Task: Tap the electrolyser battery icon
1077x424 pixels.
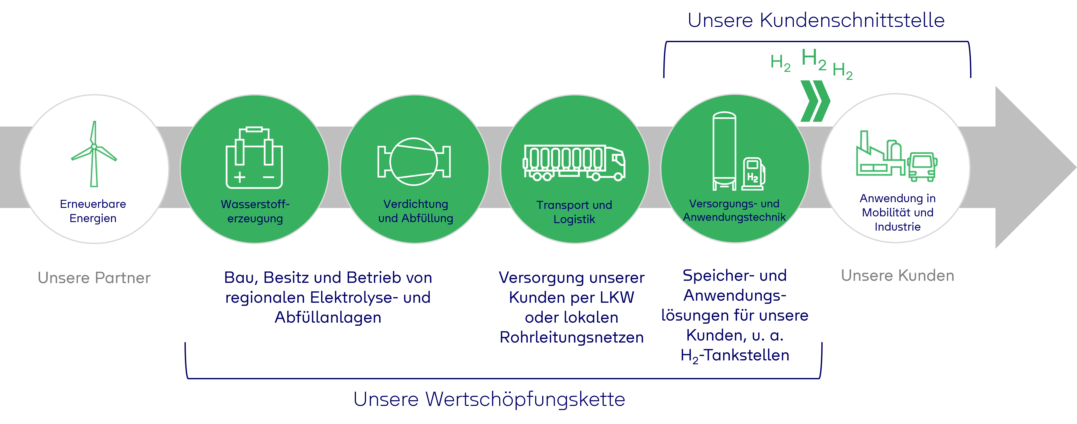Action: click(254, 157)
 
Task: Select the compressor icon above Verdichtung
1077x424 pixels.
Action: click(414, 162)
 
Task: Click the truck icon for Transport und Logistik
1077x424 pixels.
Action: click(574, 163)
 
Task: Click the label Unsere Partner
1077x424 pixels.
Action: click(94, 278)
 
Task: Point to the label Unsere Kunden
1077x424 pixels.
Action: click(898, 276)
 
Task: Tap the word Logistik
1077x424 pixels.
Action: click(574, 219)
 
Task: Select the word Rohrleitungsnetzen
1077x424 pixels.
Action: click(572, 337)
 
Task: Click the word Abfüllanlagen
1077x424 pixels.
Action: click(328, 317)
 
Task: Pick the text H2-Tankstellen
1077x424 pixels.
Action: click(735, 355)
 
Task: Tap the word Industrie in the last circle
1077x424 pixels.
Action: click(898, 227)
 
